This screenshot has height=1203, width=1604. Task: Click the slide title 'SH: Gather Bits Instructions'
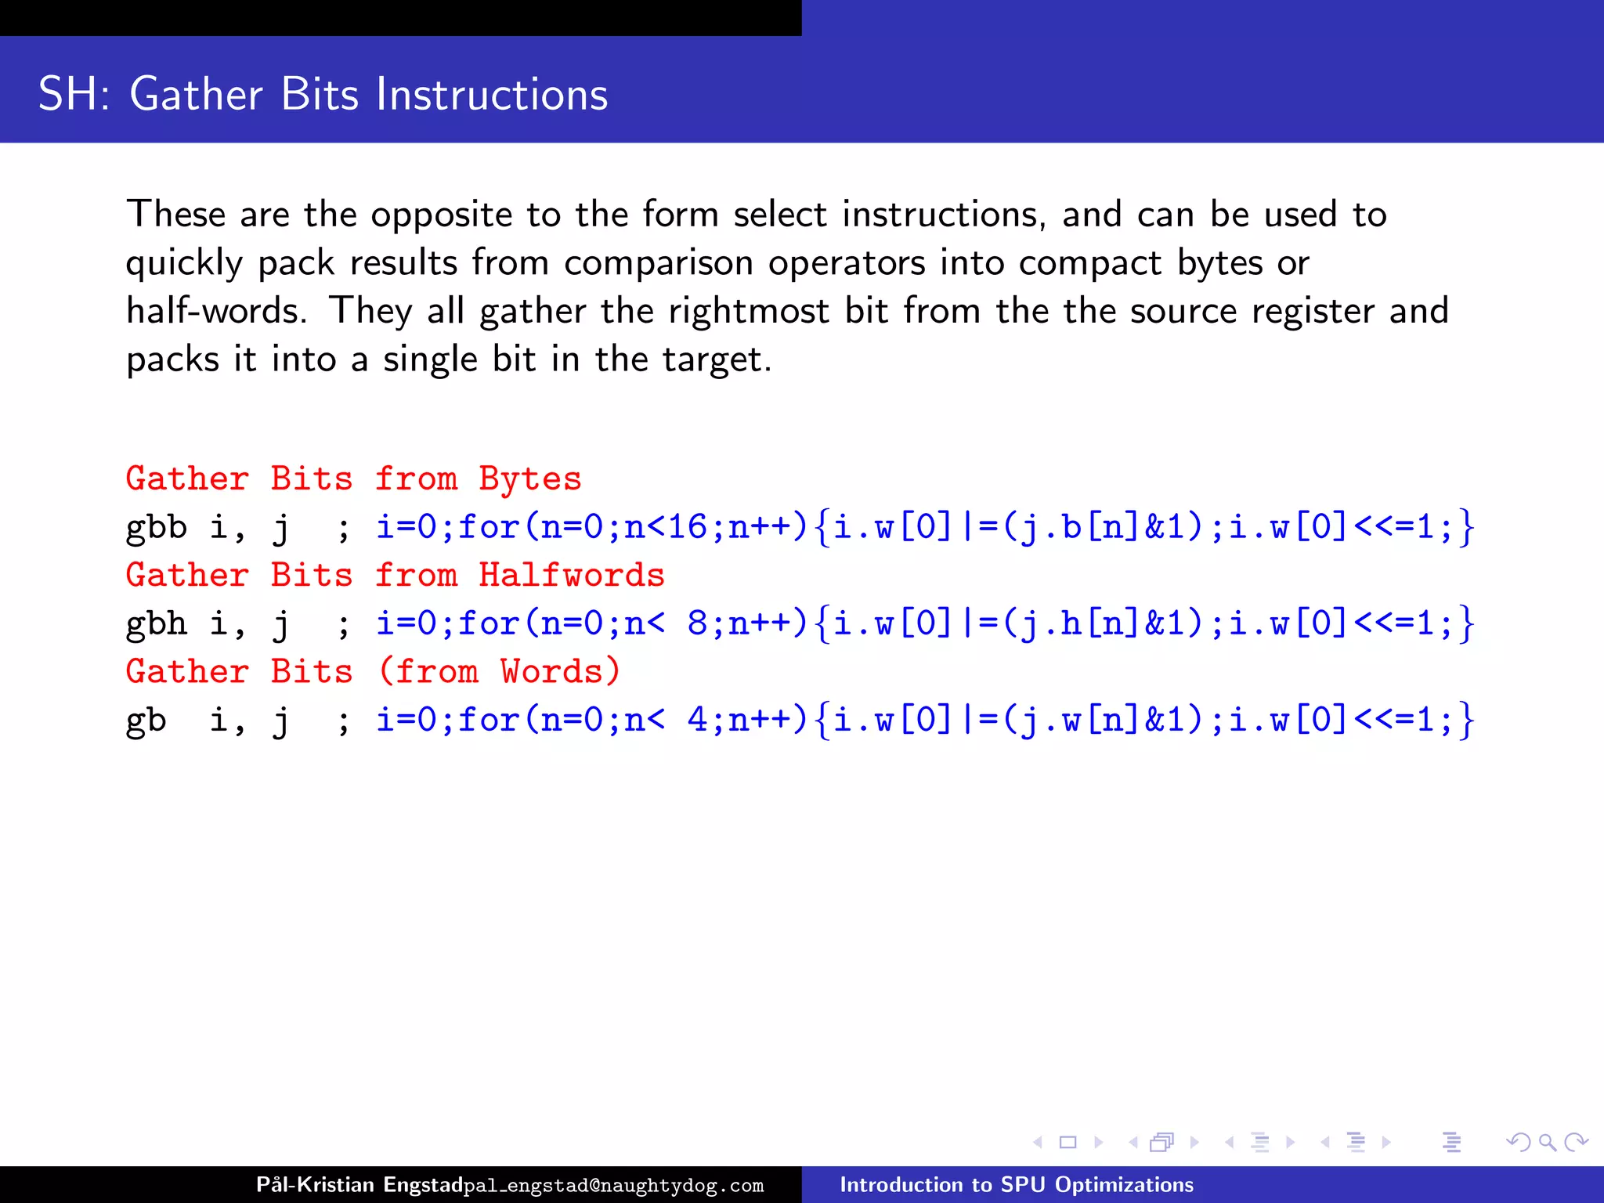point(323,95)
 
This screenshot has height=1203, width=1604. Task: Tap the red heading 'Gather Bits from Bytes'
point(353,479)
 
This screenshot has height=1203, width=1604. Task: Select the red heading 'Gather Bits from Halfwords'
point(395,575)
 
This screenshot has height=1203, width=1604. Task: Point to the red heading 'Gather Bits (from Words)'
point(373,671)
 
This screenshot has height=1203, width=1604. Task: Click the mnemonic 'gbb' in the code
point(157,527)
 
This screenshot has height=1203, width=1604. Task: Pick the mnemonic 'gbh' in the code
point(157,623)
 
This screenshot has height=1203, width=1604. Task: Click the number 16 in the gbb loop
point(687,527)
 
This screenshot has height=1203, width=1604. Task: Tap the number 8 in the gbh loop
point(697,623)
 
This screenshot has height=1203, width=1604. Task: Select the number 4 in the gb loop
point(697,720)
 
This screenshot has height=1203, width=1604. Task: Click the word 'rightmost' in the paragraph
point(748,311)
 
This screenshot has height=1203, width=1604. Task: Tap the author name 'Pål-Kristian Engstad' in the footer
point(359,1184)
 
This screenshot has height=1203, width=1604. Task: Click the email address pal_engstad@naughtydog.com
point(613,1186)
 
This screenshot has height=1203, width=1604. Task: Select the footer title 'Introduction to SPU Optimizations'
point(1017,1184)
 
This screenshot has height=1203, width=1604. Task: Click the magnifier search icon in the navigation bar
point(1547,1143)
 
